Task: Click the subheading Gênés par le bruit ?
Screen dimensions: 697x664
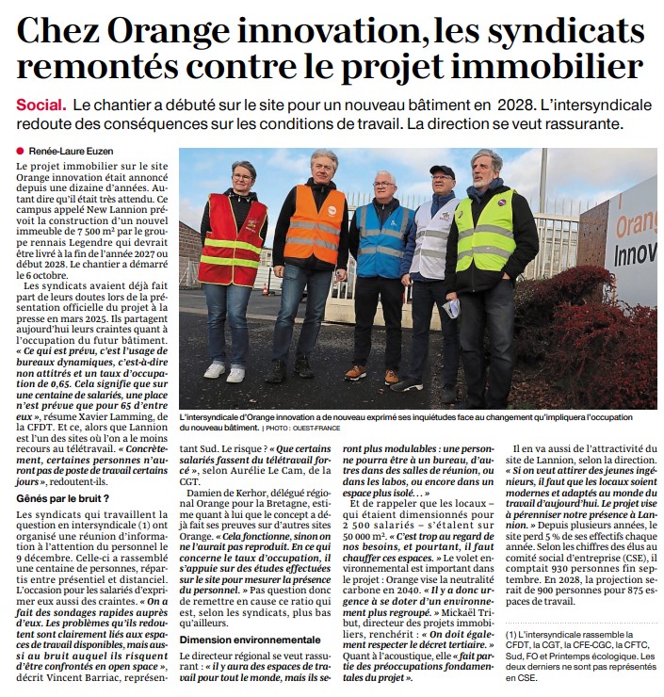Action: pyautogui.click(x=61, y=496)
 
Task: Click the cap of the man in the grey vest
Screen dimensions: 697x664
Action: pyautogui.click(x=442, y=172)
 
